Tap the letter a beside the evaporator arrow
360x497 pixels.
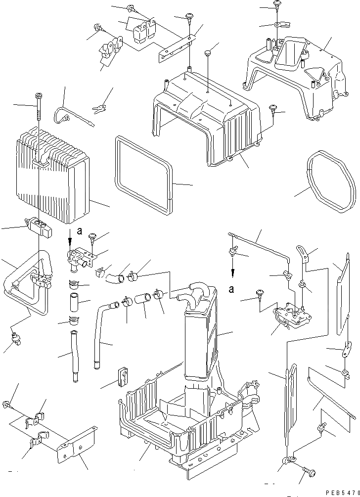click(79, 230)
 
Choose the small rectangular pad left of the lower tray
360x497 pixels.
click(121, 376)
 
